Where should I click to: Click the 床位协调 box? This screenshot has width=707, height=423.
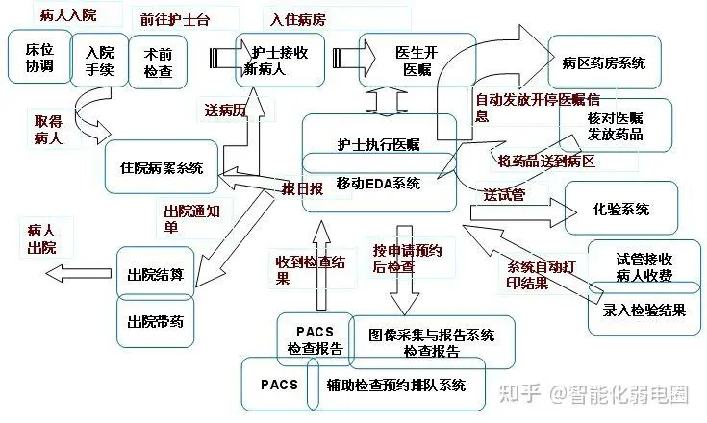click(39, 57)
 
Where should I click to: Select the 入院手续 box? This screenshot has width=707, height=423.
click(100, 60)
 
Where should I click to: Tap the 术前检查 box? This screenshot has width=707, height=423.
click(158, 62)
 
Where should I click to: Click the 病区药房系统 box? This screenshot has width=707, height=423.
click(604, 62)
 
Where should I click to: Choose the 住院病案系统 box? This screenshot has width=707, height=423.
click(162, 166)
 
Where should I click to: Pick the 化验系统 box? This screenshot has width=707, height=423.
click(620, 208)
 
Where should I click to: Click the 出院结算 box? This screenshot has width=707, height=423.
click(156, 273)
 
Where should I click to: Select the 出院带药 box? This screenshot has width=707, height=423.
click(156, 321)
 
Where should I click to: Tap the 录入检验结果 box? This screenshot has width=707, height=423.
click(644, 309)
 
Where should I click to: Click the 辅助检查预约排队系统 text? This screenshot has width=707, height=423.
click(396, 386)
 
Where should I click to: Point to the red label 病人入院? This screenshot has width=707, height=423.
click(68, 14)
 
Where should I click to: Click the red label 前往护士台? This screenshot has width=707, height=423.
click(175, 20)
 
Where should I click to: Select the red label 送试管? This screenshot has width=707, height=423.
click(505, 194)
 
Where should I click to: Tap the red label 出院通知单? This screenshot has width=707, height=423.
click(191, 219)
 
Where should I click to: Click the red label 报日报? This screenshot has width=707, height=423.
click(302, 188)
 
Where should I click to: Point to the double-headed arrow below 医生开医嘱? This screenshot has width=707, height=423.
click(387, 102)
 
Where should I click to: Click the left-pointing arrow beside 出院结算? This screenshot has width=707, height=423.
click(79, 273)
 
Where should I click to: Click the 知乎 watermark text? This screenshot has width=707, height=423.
click(520, 393)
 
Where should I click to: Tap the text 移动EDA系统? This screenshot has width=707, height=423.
click(378, 183)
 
